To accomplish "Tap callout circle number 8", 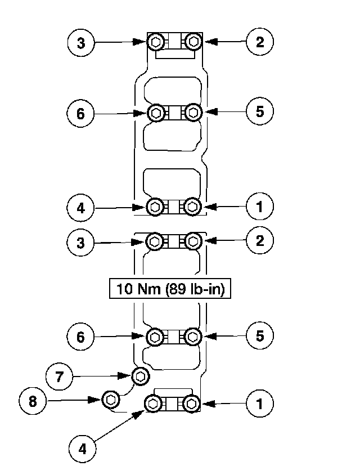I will point(33,401).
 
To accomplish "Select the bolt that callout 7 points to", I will point(140,375).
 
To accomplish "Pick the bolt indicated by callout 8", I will point(111,400).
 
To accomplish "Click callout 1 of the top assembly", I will point(259,207).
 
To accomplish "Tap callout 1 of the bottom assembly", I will point(259,404).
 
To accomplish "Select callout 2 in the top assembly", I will point(259,42).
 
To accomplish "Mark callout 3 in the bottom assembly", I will point(82,243).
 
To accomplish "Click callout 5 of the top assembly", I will point(259,111).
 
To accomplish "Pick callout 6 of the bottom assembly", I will point(82,337).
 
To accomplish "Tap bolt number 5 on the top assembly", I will point(193,112).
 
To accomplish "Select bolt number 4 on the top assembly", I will point(155,207).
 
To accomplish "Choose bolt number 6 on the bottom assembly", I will point(155,337).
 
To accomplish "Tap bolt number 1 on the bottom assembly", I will point(192,404).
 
